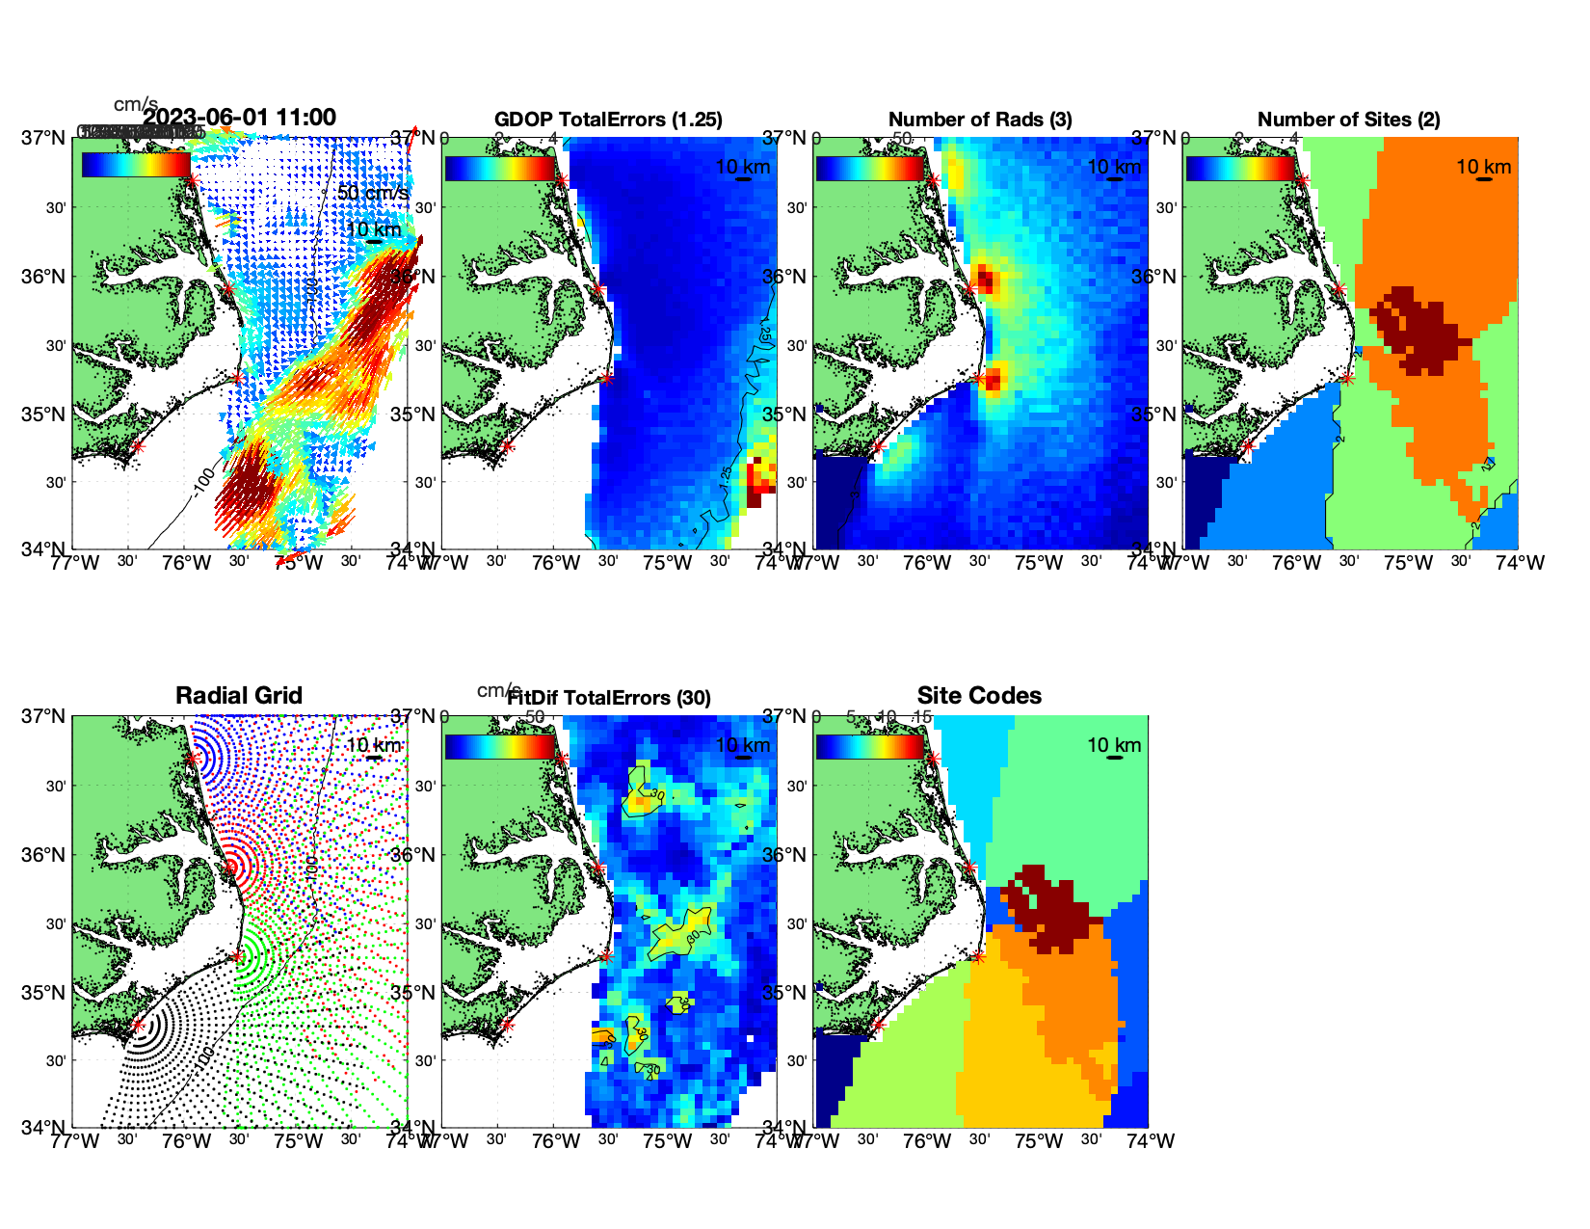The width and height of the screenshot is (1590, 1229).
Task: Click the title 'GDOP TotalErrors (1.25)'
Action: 608,120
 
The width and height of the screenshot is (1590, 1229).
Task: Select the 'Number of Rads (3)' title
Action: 980,120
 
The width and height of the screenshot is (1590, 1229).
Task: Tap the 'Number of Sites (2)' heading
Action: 1348,120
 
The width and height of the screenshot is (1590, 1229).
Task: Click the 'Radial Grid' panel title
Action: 239,696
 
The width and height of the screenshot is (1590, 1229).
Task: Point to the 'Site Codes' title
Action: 979,696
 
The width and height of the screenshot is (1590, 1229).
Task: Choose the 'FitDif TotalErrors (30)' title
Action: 609,698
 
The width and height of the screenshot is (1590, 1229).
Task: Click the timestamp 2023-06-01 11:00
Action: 240,118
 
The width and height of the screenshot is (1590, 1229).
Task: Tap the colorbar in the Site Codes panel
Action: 869,746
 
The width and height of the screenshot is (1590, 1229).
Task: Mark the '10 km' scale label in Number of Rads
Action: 1114,167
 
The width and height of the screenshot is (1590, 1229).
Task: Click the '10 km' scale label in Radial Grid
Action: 373,745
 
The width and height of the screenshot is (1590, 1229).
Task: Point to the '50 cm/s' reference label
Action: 373,193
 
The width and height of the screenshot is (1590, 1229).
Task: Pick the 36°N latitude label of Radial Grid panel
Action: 45,855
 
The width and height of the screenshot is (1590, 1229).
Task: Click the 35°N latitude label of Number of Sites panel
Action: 1155,414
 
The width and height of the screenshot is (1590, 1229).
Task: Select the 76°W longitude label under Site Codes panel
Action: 927,1141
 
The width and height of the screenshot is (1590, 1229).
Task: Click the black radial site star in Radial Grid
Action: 138,1025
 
